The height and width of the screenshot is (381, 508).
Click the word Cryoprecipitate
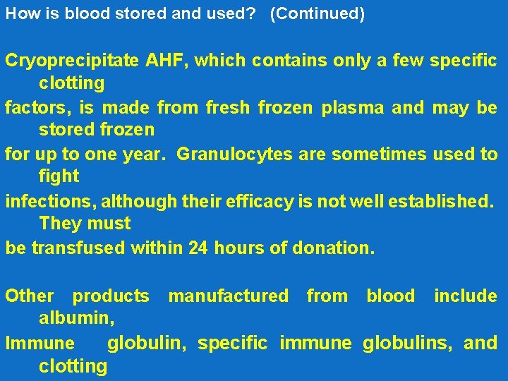[73, 61]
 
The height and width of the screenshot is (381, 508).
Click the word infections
[50, 202]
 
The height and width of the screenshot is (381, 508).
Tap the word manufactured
[228, 296]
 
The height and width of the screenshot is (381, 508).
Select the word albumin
[76, 318]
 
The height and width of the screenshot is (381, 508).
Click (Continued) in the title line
[317, 14]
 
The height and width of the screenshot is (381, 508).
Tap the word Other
[29, 296]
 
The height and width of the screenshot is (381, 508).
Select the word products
[111, 296]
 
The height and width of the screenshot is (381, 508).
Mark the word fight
[59, 176]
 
